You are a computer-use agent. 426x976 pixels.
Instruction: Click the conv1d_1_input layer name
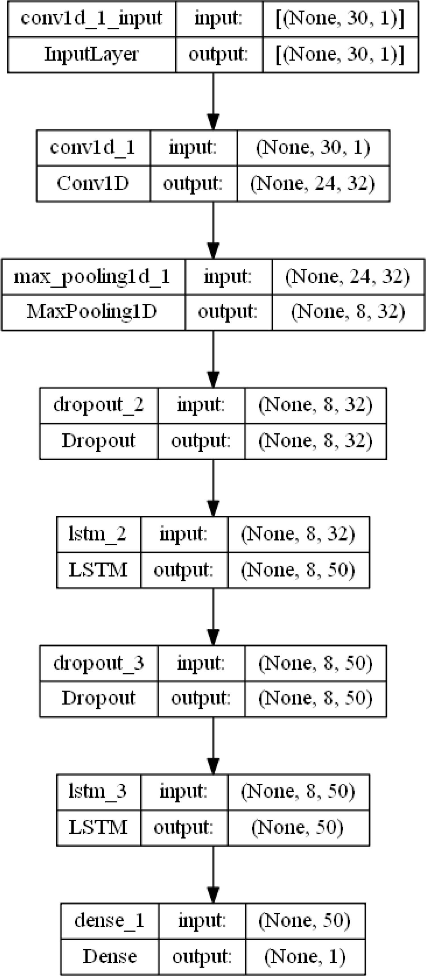point(91,18)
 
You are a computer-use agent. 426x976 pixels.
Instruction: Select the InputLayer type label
point(91,54)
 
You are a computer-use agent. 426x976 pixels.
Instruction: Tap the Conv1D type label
point(93,184)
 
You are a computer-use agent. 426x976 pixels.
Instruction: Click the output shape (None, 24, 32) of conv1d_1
point(313,184)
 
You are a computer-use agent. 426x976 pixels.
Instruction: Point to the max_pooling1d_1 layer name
point(92,277)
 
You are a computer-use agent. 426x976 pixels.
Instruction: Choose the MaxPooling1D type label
point(92,312)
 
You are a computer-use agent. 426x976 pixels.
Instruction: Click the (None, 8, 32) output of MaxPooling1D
point(348,312)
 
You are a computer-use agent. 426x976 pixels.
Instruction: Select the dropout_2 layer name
point(99,405)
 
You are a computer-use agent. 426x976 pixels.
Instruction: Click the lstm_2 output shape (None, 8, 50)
point(298,570)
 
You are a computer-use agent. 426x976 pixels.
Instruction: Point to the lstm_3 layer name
point(97,791)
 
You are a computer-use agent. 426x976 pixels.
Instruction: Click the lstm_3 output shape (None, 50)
point(298,827)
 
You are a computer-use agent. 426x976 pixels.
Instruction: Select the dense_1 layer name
point(110,921)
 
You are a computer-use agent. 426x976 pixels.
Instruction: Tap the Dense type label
point(110,956)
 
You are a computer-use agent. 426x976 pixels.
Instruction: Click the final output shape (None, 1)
point(305,957)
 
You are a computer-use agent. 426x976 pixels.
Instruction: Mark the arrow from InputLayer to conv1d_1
point(213,102)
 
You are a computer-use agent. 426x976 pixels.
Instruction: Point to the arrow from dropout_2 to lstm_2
point(213,488)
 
